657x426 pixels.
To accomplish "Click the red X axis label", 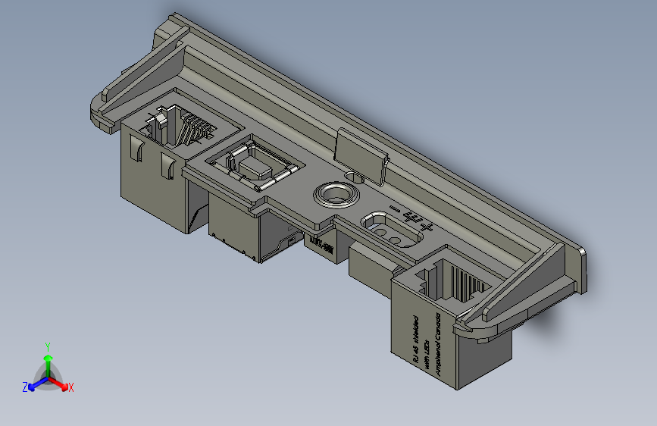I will point(71,387).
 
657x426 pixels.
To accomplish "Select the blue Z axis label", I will point(25,387).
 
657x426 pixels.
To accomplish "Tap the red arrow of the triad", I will point(63,384).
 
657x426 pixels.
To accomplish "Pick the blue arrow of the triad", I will point(33,384).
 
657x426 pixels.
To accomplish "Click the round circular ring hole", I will point(333,194).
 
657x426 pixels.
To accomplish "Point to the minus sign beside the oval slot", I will point(393,208).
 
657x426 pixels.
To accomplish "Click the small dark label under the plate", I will point(322,244).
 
